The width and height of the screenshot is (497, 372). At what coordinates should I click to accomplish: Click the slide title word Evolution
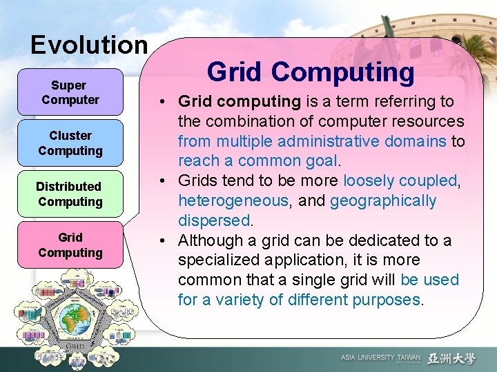(89, 45)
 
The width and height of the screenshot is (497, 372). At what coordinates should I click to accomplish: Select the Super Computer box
(70, 92)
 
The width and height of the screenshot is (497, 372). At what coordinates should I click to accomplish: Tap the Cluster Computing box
(70, 143)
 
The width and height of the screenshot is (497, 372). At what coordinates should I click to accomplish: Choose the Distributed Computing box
(70, 194)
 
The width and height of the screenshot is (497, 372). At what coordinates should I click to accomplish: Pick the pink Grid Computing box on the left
(70, 245)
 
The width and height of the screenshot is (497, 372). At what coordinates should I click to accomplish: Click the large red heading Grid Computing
(311, 72)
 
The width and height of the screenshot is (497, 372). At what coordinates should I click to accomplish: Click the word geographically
(383, 200)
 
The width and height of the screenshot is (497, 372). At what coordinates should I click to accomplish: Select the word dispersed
(214, 220)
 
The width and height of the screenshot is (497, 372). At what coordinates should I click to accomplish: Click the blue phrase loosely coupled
(400, 180)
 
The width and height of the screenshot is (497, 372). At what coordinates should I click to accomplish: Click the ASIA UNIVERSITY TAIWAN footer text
(380, 358)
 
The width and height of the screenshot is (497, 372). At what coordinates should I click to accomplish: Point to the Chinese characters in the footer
(451, 358)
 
